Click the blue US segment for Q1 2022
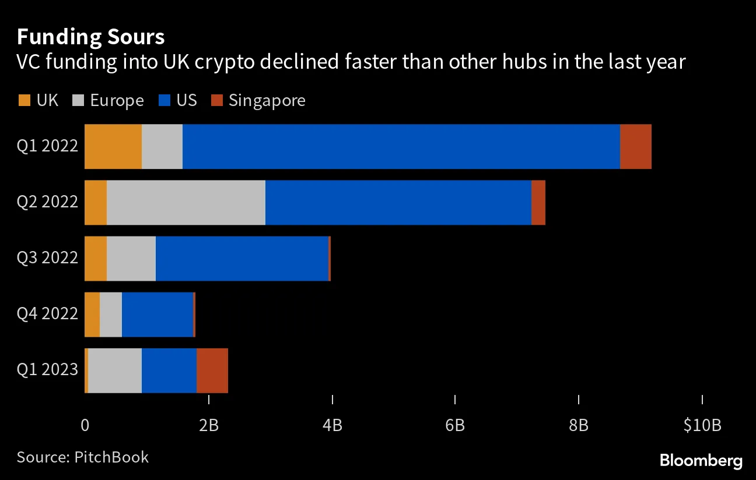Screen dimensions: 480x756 pyautogui.click(x=401, y=146)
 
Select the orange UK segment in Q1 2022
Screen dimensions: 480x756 pyautogui.click(x=113, y=146)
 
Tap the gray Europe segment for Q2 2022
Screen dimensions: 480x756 pyautogui.click(x=185, y=202)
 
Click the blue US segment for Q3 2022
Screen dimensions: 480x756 pyautogui.click(x=242, y=259)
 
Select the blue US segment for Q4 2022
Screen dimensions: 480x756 pyautogui.click(x=157, y=315)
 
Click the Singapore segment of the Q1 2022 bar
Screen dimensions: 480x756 pyautogui.click(x=635, y=146)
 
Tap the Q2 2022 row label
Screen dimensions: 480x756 pyautogui.click(x=47, y=202)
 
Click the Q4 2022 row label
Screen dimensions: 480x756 pyautogui.click(x=47, y=315)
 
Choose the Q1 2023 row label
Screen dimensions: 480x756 pyautogui.click(x=47, y=370)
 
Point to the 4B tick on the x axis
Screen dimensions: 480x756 pyautogui.click(x=332, y=426)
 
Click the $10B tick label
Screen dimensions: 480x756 pyautogui.click(x=702, y=426)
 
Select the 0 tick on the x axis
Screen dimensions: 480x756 pyautogui.click(x=85, y=426)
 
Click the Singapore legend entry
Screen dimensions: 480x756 pyautogui.click(x=266, y=100)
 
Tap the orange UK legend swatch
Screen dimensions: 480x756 pyautogui.click(x=23, y=101)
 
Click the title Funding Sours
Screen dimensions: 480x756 pyautogui.click(x=90, y=37)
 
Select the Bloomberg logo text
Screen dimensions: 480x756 pyautogui.click(x=701, y=461)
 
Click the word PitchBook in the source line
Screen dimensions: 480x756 pyautogui.click(x=111, y=457)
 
